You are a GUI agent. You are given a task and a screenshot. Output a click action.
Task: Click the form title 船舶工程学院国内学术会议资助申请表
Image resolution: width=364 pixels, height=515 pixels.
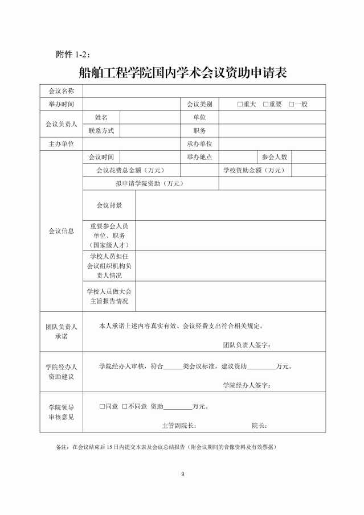[x=182, y=73]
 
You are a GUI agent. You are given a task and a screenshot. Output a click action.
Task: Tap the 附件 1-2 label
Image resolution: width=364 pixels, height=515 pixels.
[x=73, y=54]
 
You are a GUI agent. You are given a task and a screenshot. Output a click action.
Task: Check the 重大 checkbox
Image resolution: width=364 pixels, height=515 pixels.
[x=240, y=104]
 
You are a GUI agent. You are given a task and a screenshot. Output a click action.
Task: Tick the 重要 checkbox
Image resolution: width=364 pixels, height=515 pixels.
[x=265, y=104]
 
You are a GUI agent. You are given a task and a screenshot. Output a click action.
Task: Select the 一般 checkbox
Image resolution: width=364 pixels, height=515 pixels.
[x=291, y=104]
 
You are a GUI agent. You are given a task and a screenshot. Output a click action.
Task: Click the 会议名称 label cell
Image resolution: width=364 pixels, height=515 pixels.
[x=61, y=91]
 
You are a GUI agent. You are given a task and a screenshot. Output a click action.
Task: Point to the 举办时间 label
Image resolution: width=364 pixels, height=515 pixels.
[x=61, y=104]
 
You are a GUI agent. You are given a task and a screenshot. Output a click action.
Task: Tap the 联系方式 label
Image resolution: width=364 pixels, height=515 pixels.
[x=101, y=130]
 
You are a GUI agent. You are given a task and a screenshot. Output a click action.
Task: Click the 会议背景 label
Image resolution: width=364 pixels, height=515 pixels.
[x=109, y=205]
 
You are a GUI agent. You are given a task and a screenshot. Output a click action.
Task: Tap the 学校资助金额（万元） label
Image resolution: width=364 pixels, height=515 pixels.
[x=253, y=170]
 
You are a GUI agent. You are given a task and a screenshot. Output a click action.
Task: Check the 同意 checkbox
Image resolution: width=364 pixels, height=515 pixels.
[x=102, y=406]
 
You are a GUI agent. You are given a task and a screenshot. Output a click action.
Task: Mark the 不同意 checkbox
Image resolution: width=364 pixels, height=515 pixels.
[x=124, y=406]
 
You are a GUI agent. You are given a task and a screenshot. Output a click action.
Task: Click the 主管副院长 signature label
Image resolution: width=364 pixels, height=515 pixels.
[x=179, y=425]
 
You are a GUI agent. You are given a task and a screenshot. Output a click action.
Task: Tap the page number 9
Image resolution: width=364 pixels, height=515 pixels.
[x=183, y=473]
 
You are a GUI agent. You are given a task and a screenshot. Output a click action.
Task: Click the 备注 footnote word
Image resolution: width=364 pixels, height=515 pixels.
[x=63, y=447]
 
